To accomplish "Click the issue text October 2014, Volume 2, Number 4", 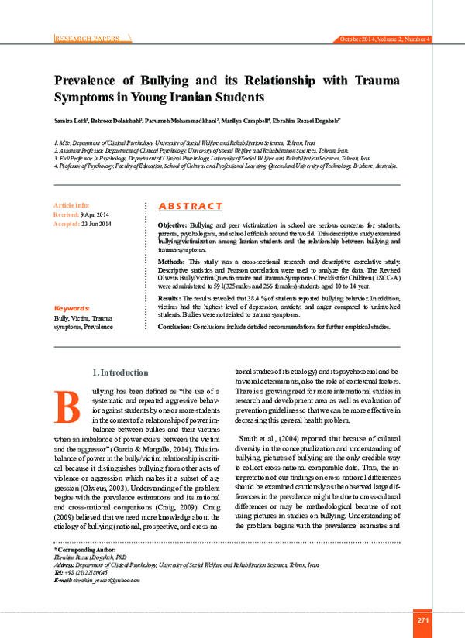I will [385, 39].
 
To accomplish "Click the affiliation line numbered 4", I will [225, 166].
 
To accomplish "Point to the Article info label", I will [71, 205].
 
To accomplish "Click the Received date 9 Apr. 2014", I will [94, 214].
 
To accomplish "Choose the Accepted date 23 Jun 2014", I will [94, 224].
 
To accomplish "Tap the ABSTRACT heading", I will [190, 206].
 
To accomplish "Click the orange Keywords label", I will [72, 308].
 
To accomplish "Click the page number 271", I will [422, 620].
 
